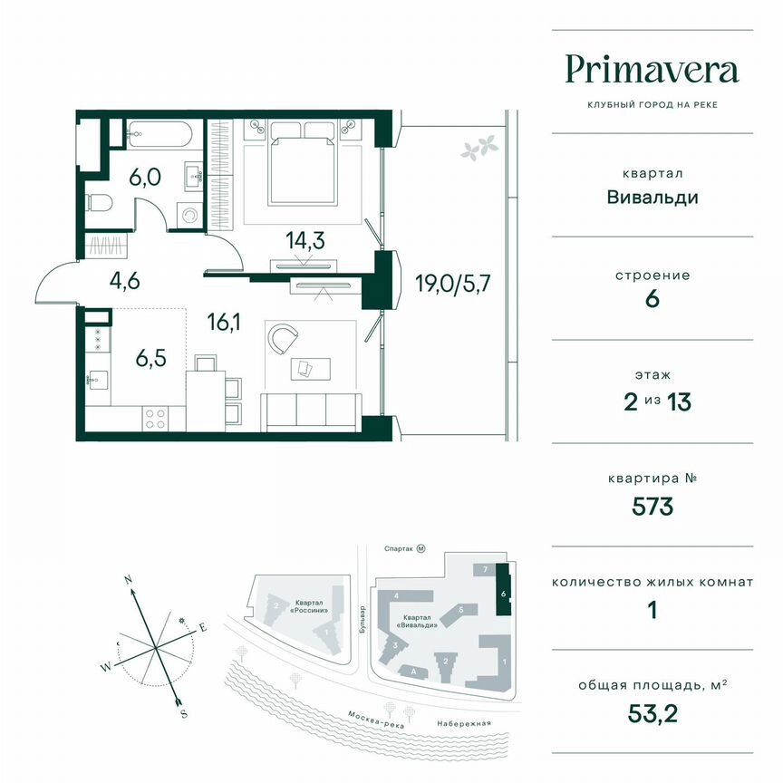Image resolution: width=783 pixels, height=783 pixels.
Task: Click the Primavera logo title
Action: pos(652,69)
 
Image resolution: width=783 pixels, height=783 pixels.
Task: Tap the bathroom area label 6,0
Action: pos(145,177)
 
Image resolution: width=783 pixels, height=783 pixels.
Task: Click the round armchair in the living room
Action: pos(284,342)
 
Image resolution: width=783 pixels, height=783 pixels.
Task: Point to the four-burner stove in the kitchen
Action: pos(155,418)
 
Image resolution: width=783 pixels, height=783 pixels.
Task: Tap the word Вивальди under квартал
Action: pos(652,197)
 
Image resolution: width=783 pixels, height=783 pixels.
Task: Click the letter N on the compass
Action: pos(130,578)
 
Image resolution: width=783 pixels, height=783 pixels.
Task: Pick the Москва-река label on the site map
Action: pos(375,720)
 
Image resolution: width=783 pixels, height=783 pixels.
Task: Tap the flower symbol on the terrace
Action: pos(478,145)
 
